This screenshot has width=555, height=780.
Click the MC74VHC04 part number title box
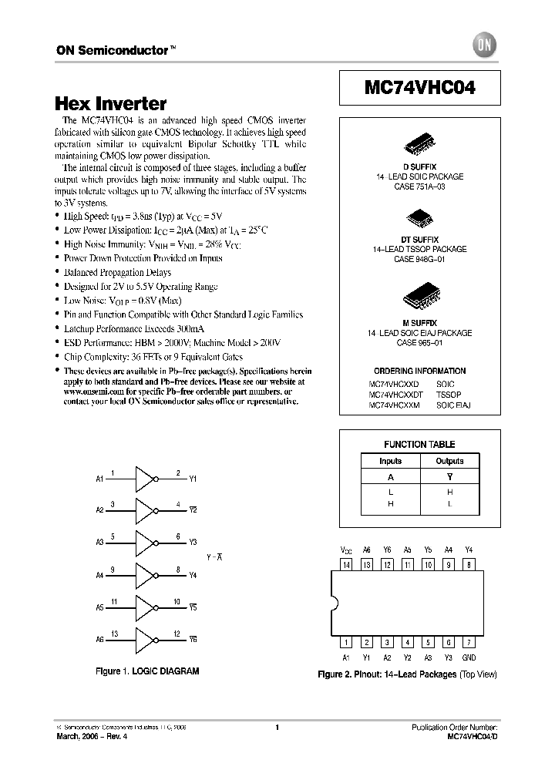(x=419, y=88)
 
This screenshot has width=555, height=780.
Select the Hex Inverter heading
(x=111, y=103)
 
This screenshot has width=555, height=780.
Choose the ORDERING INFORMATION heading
(x=419, y=371)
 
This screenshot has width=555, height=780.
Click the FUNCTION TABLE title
(x=419, y=444)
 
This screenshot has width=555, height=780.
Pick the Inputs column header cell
(x=390, y=461)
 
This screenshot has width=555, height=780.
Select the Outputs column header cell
(x=449, y=461)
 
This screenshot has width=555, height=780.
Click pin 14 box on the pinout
(x=346, y=565)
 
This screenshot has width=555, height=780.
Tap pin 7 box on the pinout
(x=469, y=642)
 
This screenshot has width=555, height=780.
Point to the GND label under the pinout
(x=469, y=657)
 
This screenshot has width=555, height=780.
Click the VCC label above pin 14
(x=346, y=550)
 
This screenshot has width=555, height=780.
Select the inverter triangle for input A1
(x=145, y=479)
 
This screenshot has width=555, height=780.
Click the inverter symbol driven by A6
(x=145, y=639)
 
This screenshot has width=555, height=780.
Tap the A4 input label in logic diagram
(x=99, y=575)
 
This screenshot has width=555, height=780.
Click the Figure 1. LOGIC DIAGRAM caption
(x=146, y=671)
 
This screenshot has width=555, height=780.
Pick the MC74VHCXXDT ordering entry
(x=395, y=394)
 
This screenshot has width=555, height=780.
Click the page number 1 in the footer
(x=277, y=727)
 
